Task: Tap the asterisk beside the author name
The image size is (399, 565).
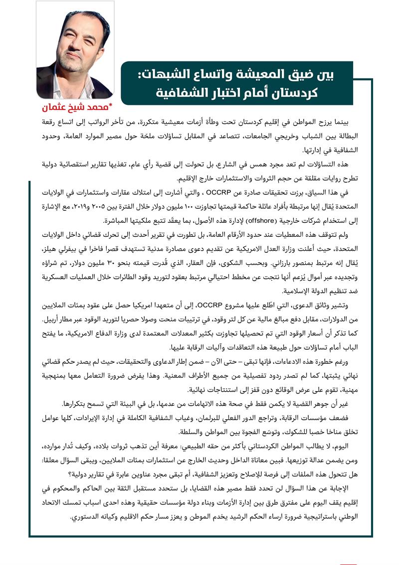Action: (111, 105)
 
